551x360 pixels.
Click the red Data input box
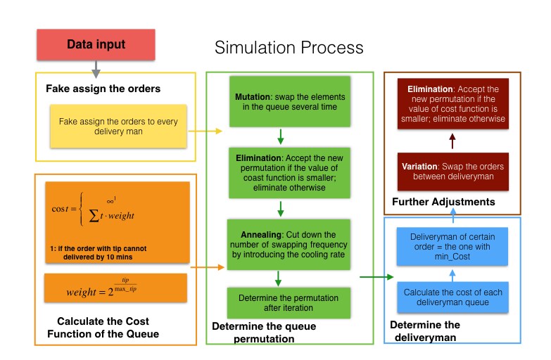point(96,44)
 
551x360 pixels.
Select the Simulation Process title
point(289,48)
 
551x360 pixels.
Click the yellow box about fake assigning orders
point(118,126)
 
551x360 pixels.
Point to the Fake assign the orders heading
point(103,89)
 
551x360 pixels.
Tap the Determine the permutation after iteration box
point(281,302)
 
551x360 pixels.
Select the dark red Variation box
point(451,172)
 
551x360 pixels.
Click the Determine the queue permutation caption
point(264,333)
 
